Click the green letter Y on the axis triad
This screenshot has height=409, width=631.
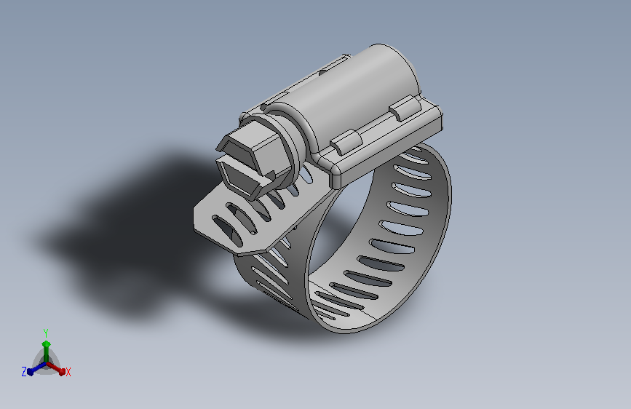[x=45, y=332]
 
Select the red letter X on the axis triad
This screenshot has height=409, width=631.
[x=68, y=372]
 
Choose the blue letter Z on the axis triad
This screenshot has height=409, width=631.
[x=23, y=372]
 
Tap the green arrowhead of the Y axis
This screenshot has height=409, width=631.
[x=46, y=343]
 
